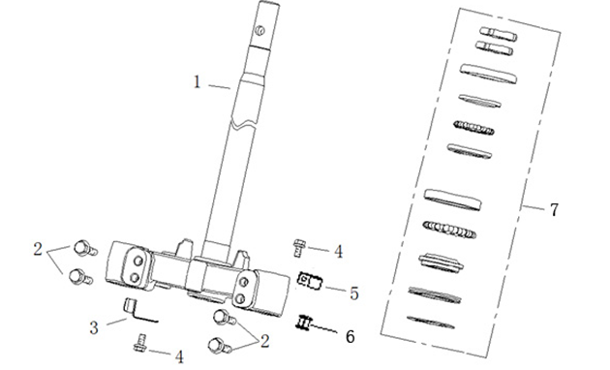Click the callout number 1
198,82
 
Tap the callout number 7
555,210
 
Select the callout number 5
354,293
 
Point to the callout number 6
351,336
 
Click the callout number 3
94,327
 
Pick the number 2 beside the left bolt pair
38,249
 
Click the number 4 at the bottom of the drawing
179,356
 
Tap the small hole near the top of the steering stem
259,30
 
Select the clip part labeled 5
310,281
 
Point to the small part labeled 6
304,323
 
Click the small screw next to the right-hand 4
299,248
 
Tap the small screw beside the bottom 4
140,343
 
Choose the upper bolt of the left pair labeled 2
85,248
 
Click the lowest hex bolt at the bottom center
220,346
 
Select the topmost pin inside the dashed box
499,34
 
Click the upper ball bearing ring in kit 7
473,128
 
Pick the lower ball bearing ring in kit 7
449,230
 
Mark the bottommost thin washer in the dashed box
430,323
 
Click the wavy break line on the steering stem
244,124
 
